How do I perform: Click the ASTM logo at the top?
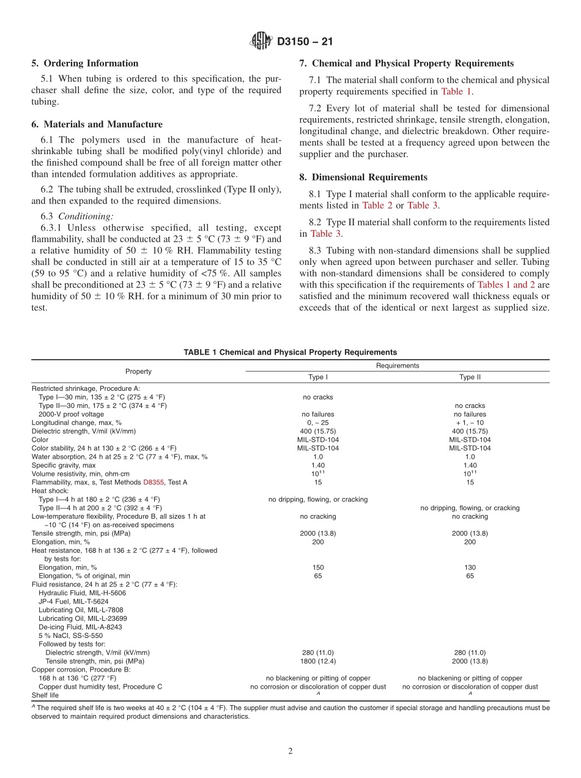point(261,42)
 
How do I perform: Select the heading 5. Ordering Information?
point(85,64)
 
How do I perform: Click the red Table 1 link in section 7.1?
point(456,92)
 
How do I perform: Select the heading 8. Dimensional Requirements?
point(363,177)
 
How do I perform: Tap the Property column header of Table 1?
point(138,371)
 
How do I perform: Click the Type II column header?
point(470,377)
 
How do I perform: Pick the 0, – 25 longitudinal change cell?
point(318,423)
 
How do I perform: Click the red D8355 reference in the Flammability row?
point(154,483)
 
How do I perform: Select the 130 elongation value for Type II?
point(470,568)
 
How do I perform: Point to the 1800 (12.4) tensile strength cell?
point(318,661)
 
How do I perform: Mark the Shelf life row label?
point(45,695)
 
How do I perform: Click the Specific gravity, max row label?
point(64,465)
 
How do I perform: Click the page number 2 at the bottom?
point(290,752)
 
